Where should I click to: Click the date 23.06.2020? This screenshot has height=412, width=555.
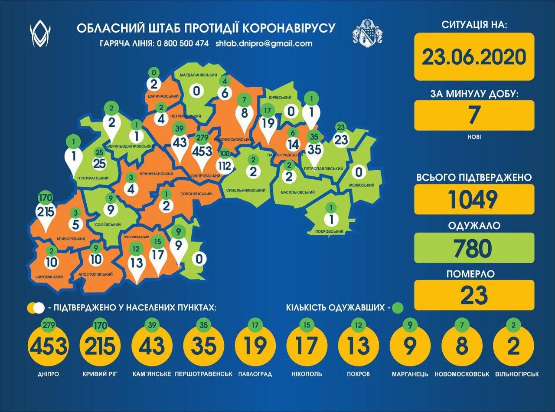pyautogui.click(x=474, y=56)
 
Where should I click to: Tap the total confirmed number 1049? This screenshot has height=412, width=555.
pyautogui.click(x=474, y=199)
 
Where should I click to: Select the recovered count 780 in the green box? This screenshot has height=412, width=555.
pyautogui.click(x=474, y=248)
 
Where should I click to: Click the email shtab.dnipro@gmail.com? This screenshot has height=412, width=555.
pyautogui.click(x=264, y=43)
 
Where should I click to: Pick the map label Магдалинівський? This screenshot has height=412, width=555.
pyautogui.click(x=199, y=75)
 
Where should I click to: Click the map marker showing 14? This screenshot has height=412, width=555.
pyautogui.click(x=294, y=144)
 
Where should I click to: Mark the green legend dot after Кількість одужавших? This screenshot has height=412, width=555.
pyautogui.click(x=397, y=308)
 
